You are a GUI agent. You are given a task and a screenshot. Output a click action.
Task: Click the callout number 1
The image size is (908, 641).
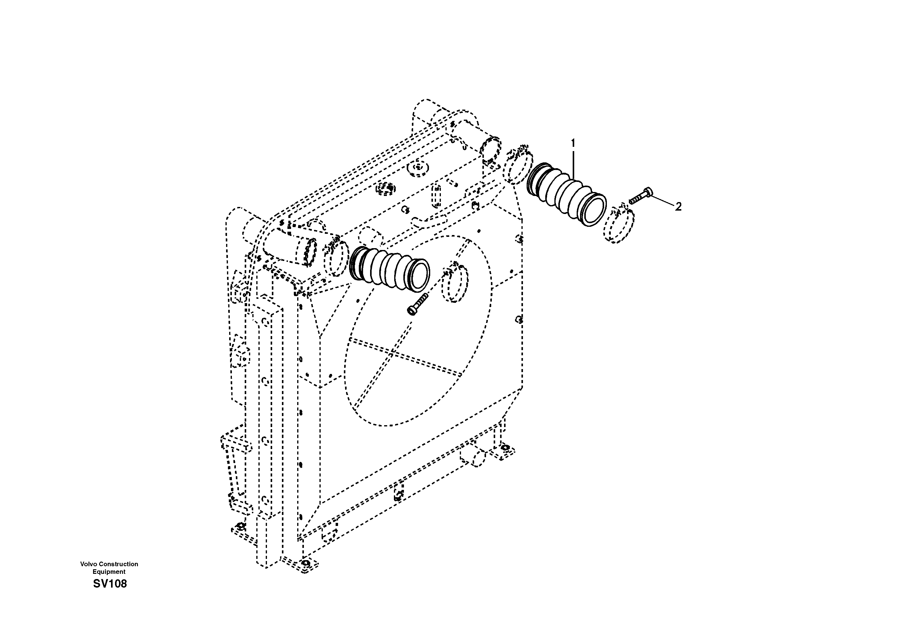click(x=573, y=143)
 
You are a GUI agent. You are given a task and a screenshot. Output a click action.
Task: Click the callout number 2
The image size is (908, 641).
click(x=678, y=207)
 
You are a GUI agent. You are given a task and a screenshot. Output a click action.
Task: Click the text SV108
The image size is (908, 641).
click(x=110, y=584)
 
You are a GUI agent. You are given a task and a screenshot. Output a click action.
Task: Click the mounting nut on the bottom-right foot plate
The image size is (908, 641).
click(x=505, y=447)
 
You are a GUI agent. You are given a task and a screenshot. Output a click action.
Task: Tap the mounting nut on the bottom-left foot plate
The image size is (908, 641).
click(x=239, y=526)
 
